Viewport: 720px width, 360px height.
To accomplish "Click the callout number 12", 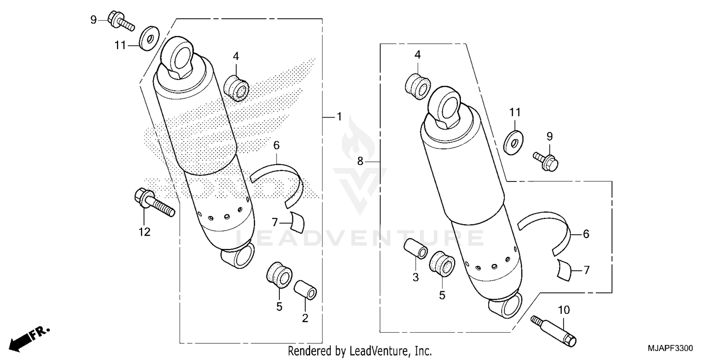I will coord(144,232).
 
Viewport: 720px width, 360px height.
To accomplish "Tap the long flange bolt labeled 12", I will coord(153,203).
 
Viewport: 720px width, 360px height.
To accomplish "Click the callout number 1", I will coord(339,117).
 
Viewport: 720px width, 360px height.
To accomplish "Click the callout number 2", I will coord(305,317).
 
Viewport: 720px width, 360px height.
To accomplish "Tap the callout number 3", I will coord(416,277).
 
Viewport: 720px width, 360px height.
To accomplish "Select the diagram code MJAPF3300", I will coord(672,348).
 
